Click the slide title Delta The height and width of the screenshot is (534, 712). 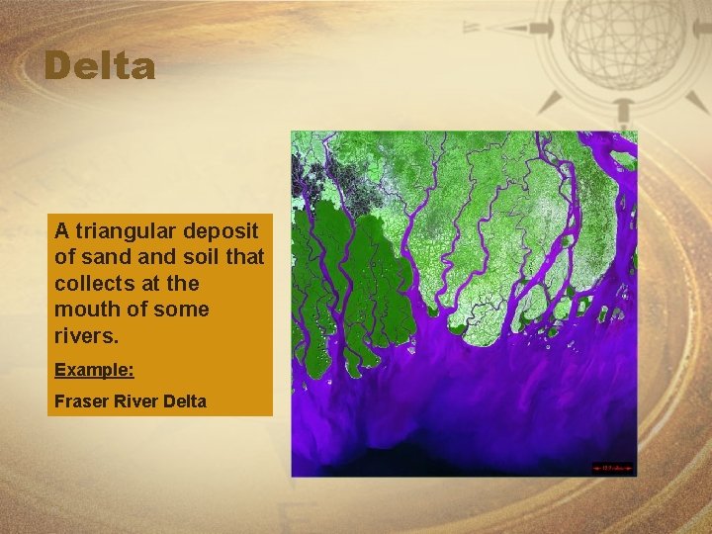click(100, 67)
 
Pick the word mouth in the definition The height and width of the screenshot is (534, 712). click(85, 310)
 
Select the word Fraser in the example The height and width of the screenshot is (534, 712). click(79, 402)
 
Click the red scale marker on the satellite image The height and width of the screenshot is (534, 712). click(612, 467)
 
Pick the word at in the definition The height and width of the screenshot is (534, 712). click(150, 284)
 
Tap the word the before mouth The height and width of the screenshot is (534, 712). click(184, 284)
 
